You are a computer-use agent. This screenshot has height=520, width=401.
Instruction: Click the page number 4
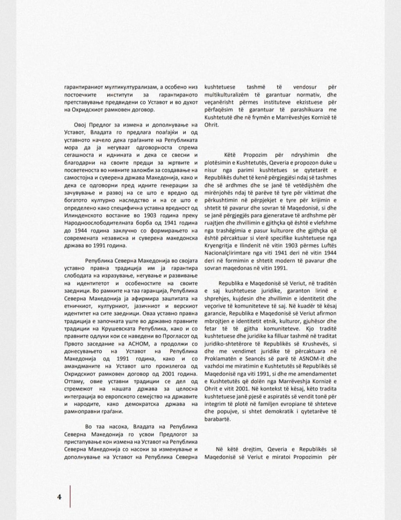60,497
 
